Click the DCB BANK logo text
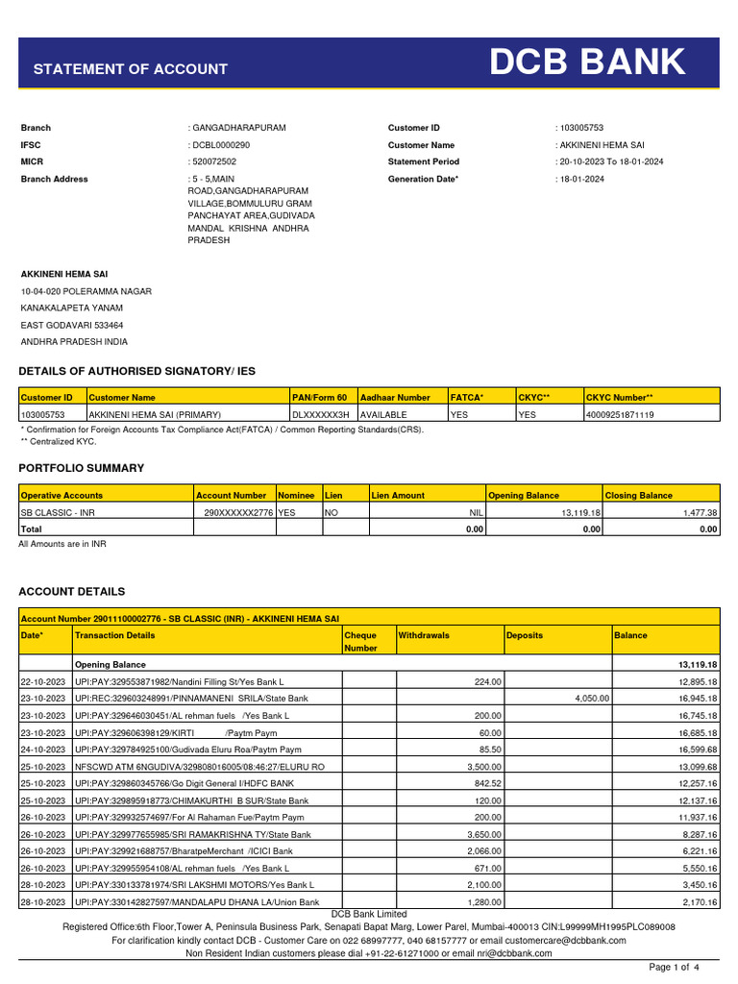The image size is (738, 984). pos(588,63)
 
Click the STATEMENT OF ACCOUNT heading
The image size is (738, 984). pos(131,69)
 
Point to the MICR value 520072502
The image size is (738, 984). pos(216,162)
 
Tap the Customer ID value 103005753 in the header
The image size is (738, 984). pos(581,128)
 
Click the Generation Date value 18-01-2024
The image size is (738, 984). pos(583,180)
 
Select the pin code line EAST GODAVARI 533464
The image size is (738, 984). pos(72,326)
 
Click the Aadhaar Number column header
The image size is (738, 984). pos(395,397)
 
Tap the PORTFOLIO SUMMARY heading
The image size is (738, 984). pos(82,468)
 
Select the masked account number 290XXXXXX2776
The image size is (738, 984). pos(238,513)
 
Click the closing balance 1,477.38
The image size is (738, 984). pos(700,513)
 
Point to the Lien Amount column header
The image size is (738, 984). pos(399,496)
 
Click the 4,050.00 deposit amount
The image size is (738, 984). pos(592,698)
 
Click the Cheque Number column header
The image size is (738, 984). pos(360,642)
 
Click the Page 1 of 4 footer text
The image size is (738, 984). pos(675,967)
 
